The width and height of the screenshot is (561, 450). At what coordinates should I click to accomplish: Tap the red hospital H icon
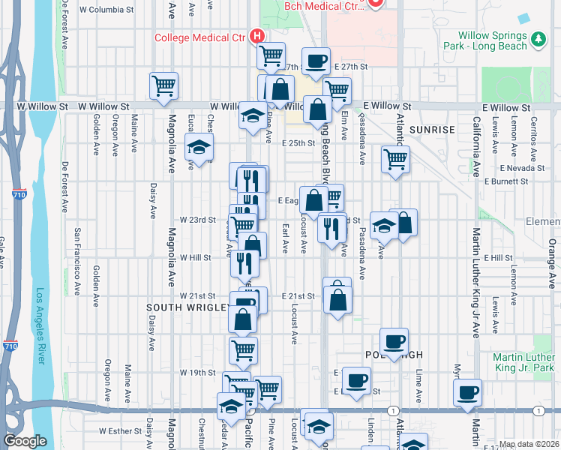[257, 35]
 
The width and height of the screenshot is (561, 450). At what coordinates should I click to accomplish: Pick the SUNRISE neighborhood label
[432, 130]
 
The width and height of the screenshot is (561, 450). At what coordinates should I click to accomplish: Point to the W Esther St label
[120, 431]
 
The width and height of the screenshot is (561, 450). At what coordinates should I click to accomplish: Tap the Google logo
[25, 441]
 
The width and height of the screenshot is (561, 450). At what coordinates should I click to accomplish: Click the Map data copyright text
[529, 444]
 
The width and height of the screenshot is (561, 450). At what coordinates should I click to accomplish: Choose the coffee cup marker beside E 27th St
[316, 61]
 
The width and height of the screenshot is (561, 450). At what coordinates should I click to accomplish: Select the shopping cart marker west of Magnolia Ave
[163, 85]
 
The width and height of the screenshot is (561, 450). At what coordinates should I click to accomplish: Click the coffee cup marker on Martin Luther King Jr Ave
[469, 392]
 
